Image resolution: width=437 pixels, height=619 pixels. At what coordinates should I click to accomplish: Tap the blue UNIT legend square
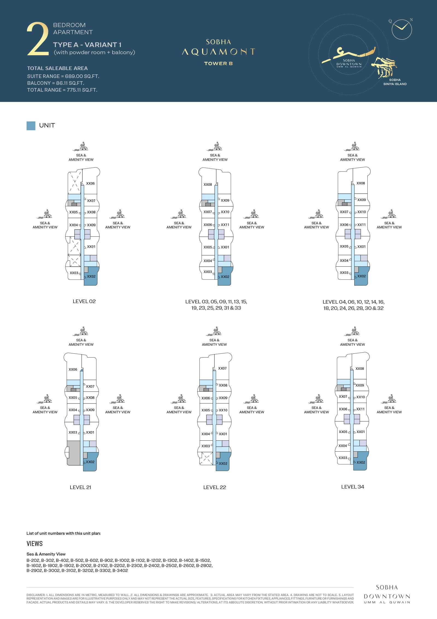point(31,126)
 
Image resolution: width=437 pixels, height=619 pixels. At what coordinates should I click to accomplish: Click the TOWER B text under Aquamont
point(218,63)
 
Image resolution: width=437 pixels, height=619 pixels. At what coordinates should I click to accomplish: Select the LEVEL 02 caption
point(84,301)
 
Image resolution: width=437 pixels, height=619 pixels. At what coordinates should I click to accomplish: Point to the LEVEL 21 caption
point(80,487)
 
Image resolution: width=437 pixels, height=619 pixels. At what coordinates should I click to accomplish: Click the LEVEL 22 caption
point(215,487)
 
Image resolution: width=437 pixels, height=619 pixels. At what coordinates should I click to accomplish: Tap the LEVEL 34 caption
point(353,487)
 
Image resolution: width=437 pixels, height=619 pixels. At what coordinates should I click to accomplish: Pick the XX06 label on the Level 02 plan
point(90,184)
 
